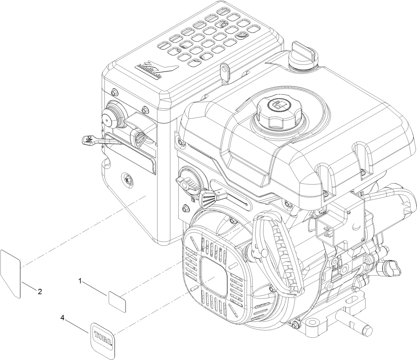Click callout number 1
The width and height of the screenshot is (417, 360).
[80, 281]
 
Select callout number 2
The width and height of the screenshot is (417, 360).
[40, 292]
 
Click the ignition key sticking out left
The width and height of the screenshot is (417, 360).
[89, 141]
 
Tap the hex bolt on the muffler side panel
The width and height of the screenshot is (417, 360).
[126, 178]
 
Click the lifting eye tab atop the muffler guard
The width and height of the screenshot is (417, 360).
[225, 70]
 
